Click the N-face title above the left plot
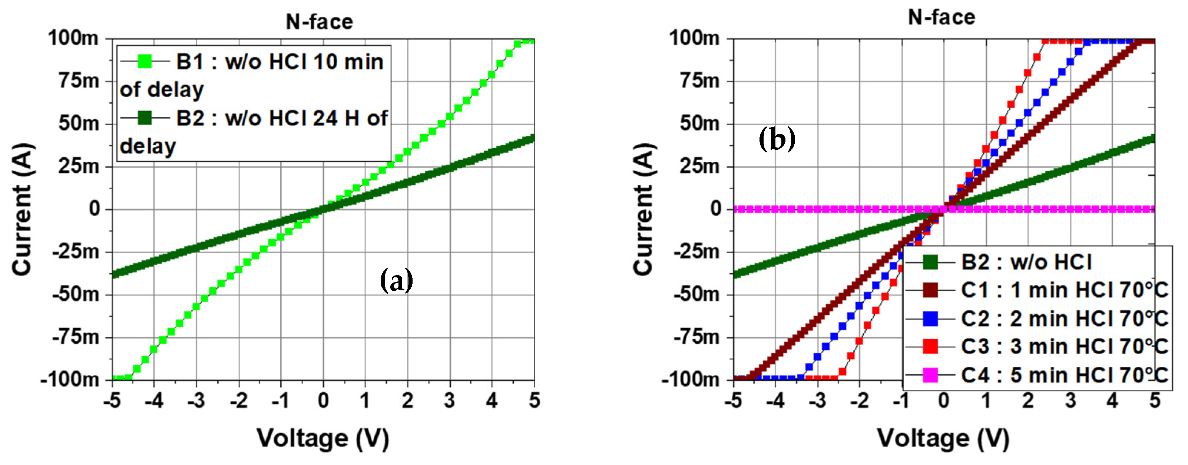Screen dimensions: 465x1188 (x=319, y=22)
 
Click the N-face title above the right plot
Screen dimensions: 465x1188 (x=941, y=17)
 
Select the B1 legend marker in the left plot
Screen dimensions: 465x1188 (x=145, y=61)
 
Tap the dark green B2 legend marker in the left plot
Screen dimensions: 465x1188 (x=145, y=118)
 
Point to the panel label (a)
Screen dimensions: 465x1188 (x=396, y=280)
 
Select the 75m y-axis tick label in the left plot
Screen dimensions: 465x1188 (x=79, y=81)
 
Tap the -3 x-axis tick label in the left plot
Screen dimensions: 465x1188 (x=196, y=400)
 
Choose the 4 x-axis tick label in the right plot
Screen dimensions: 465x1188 (x=1112, y=400)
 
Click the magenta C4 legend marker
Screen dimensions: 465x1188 (x=930, y=375)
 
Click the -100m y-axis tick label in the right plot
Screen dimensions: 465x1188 (x=691, y=380)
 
